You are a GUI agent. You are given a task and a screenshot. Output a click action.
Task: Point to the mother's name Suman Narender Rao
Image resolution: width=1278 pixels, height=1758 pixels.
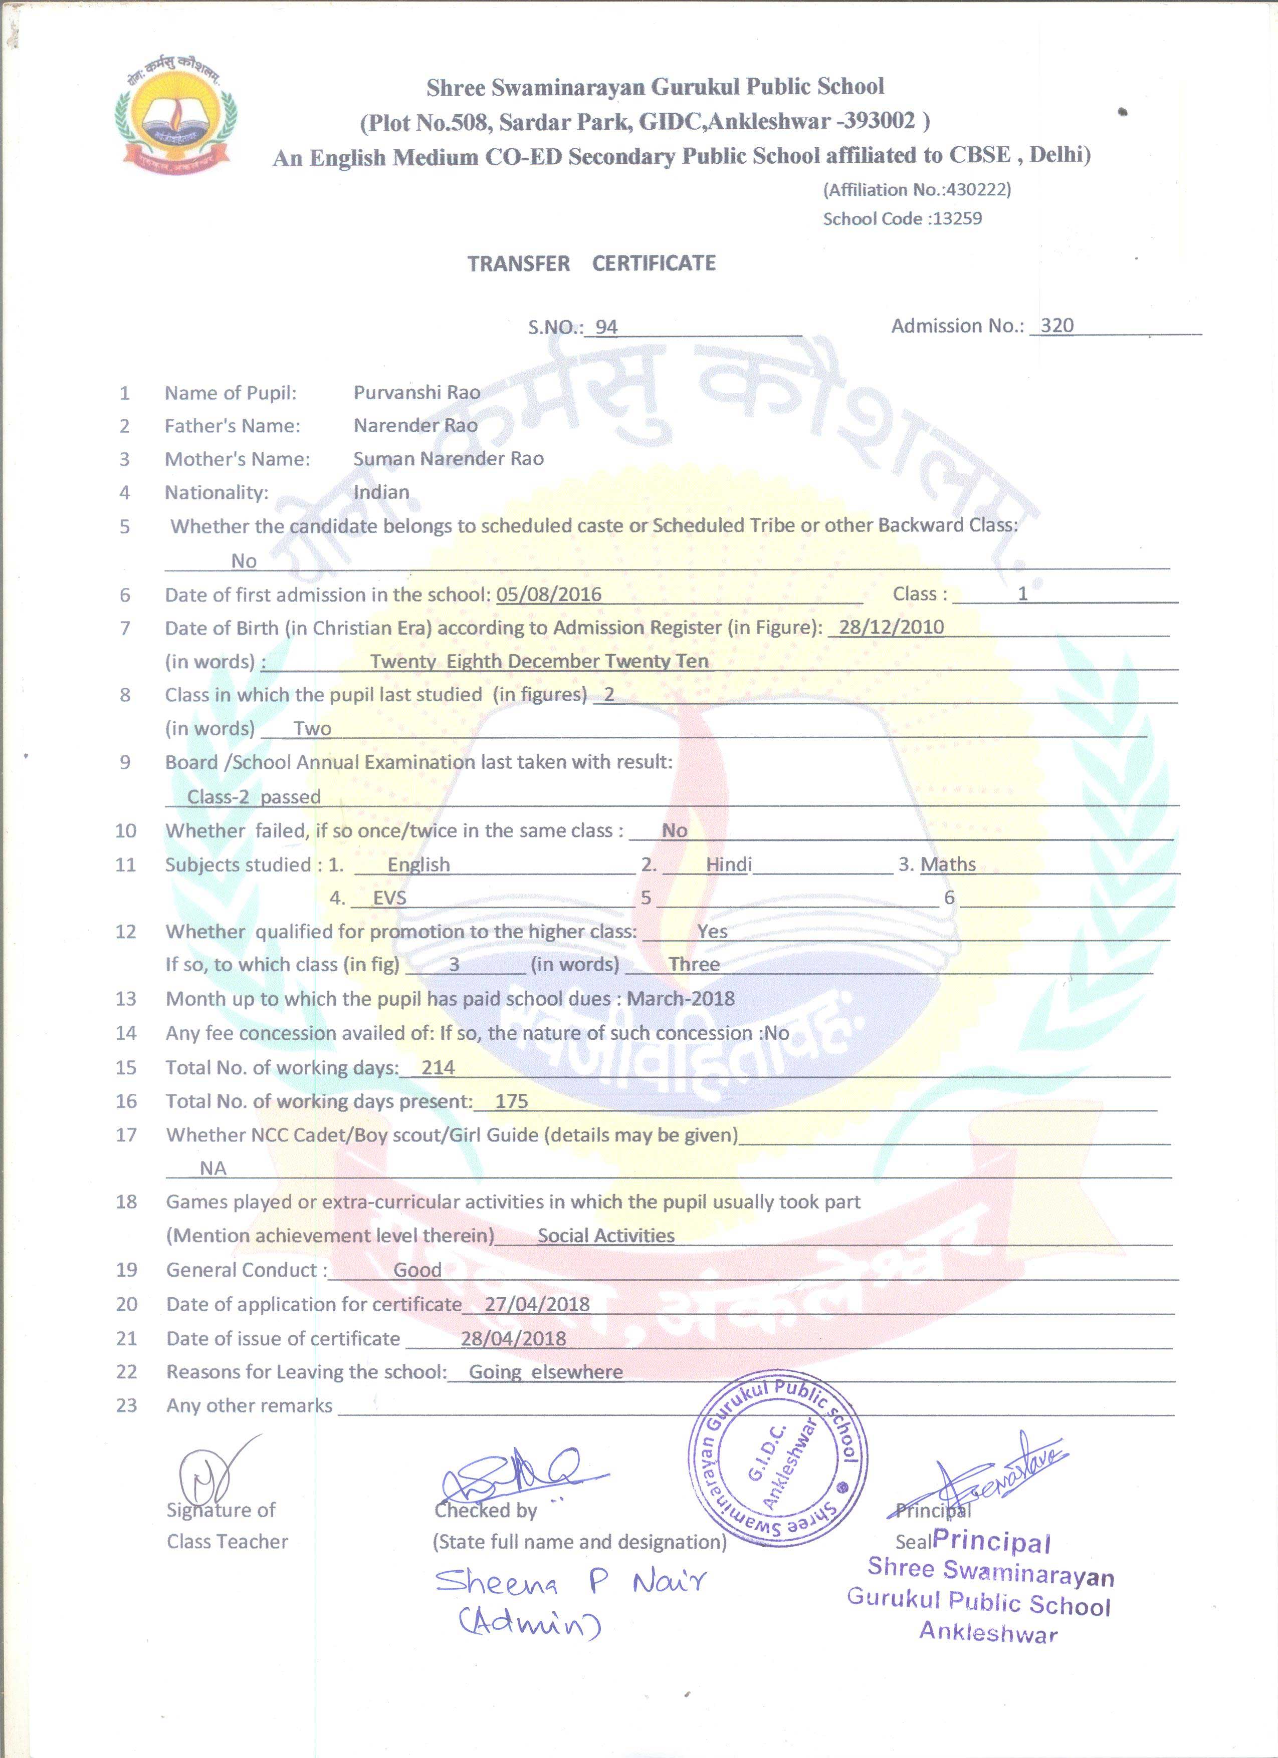point(448,459)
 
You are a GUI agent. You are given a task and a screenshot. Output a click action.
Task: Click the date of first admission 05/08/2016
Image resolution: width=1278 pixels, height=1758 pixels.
point(548,595)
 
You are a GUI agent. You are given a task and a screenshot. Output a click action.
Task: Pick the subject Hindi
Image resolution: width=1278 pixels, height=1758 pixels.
point(728,864)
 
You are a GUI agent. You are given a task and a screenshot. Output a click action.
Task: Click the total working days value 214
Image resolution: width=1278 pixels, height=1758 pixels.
point(438,1067)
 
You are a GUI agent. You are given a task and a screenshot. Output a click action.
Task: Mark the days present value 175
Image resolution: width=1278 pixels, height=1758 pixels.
point(511,1101)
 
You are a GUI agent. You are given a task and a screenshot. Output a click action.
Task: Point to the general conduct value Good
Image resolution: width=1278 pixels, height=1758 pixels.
point(417,1270)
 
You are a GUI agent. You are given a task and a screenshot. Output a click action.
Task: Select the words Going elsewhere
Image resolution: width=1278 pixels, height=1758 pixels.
point(545,1372)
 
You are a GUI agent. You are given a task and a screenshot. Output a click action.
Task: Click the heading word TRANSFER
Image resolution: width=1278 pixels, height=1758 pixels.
point(518,263)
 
